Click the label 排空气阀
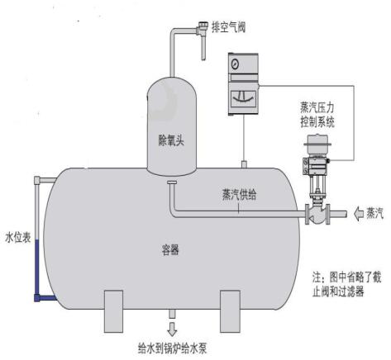(x=228, y=27)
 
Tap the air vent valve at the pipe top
(x=203, y=30)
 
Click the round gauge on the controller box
(x=235, y=64)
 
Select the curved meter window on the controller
(x=243, y=99)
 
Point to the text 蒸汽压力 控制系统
(x=317, y=115)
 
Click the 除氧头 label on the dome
(x=171, y=140)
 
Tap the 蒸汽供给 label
(x=239, y=195)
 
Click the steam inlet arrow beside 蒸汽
(x=359, y=213)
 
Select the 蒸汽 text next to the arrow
(x=374, y=213)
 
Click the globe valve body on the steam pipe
(x=317, y=215)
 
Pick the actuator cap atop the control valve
(x=317, y=143)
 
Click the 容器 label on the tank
(x=170, y=249)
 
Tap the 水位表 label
(x=18, y=237)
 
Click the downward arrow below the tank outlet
(x=172, y=329)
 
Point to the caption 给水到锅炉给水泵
(x=172, y=348)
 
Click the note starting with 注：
(x=347, y=284)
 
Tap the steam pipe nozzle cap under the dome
(x=172, y=182)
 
